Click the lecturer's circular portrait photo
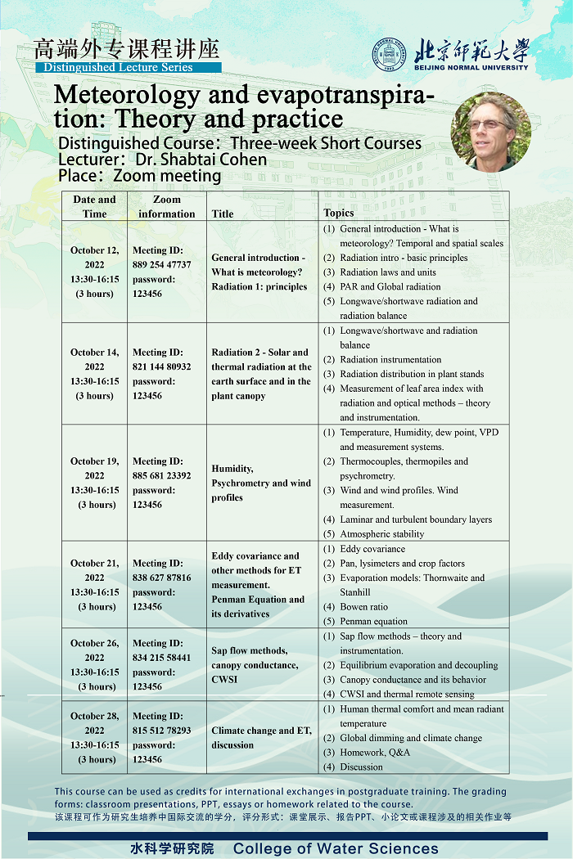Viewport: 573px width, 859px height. [491, 130]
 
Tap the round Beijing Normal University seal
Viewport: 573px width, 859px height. [390, 55]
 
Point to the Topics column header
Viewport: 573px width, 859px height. [339, 213]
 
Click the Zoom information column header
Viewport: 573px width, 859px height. [167, 206]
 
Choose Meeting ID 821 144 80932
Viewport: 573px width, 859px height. [162, 367]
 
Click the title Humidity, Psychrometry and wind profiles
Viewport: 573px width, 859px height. [261, 483]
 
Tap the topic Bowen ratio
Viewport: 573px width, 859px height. [364, 606]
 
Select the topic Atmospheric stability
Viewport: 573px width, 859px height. [382, 533]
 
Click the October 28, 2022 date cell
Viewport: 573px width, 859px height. [95, 737]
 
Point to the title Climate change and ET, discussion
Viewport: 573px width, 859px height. [261, 737]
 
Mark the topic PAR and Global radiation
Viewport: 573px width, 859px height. [390, 286]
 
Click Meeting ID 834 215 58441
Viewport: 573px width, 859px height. [162, 658]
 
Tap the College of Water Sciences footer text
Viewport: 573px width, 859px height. [336, 848]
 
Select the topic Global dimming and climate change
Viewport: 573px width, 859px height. [411, 738]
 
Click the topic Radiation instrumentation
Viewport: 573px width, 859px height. [390, 359]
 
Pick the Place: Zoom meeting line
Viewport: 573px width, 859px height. [140, 176]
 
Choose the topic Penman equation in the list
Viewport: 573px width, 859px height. [373, 621]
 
